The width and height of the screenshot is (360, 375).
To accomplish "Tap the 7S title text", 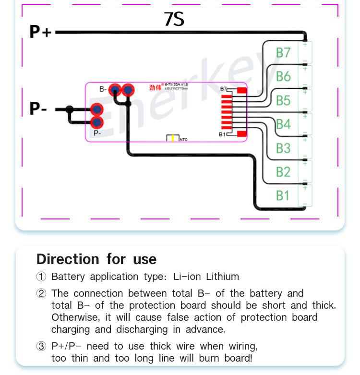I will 174,19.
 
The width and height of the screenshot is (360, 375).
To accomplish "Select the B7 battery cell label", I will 283,52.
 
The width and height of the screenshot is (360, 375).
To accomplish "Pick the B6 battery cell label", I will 283,76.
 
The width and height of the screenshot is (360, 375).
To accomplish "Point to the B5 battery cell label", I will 283,100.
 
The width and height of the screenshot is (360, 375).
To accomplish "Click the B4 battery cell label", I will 283,124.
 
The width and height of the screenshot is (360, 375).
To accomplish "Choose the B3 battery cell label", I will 283,148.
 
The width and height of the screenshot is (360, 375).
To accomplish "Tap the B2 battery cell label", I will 283,172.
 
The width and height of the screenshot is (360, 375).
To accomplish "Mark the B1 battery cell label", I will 283,195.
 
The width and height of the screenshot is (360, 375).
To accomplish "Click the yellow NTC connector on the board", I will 171,138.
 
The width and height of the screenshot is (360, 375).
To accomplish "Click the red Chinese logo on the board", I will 155,88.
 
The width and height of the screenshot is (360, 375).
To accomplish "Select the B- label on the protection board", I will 103,89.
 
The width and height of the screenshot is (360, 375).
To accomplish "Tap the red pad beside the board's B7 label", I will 241,90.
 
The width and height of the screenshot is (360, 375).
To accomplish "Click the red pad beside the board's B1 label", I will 241,134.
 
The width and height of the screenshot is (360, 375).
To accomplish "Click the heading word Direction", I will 68,259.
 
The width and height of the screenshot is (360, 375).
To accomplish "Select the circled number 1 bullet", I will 42,277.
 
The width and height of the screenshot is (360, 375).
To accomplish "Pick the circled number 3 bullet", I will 42,346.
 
